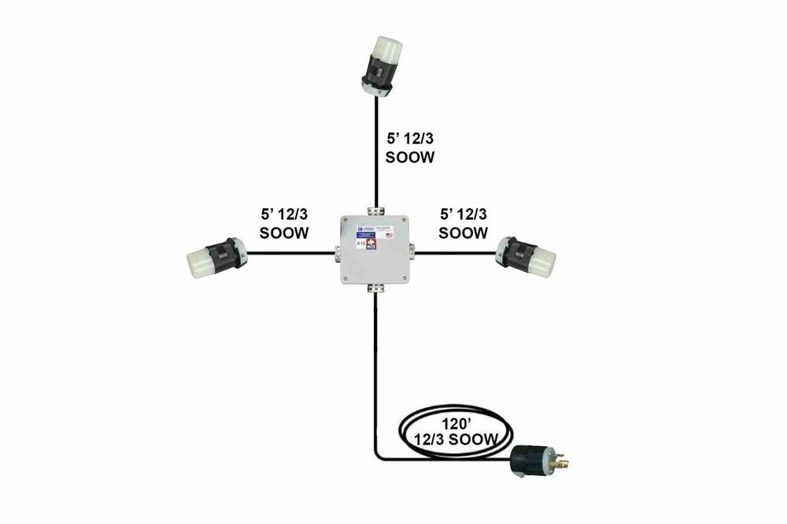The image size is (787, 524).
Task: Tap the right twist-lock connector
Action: click(527, 255)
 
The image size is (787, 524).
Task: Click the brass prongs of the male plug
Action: click(563, 459)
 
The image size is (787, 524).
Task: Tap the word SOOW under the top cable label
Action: click(410, 157)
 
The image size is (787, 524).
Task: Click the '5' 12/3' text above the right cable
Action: click(463, 214)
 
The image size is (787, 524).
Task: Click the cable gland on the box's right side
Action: click(412, 252)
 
